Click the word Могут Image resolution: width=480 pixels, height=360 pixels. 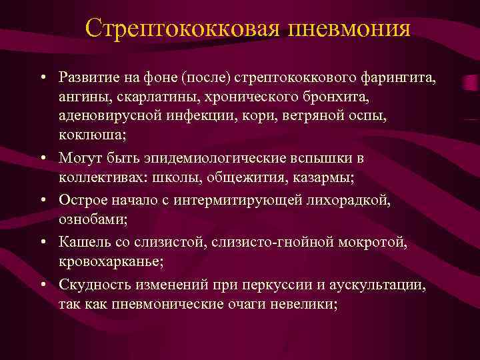[79, 159]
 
